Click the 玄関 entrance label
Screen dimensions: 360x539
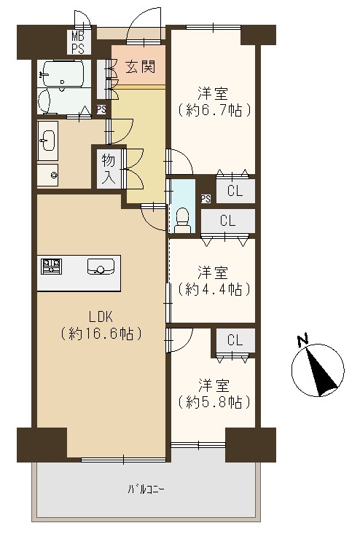pos(140,67)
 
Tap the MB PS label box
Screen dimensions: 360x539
pos(79,42)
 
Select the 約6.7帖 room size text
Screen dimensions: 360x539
pos(214,110)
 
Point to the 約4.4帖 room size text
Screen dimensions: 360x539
pos(214,289)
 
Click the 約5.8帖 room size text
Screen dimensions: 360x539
pos(214,402)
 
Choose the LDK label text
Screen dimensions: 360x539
pos(101,317)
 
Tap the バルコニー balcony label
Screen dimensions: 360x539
pos(146,489)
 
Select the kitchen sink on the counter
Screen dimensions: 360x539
pos(101,267)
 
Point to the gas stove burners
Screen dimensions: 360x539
pos(51,267)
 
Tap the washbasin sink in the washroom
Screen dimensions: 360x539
pos(47,141)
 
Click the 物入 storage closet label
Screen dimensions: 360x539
pos(109,169)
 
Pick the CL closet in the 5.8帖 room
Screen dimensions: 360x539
pos(235,340)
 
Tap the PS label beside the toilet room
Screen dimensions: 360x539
pos(206,198)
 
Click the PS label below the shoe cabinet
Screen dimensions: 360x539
pos(101,109)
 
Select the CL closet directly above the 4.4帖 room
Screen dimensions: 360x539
pos(228,221)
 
